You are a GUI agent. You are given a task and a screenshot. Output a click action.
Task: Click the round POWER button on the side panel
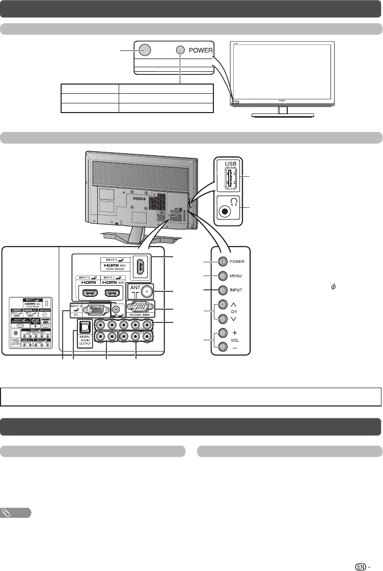[222, 261]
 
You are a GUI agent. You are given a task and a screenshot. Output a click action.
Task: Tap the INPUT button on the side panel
[222, 290]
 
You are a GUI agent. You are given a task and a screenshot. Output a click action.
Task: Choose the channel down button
[222, 318]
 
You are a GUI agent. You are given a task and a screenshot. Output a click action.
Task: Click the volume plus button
[222, 334]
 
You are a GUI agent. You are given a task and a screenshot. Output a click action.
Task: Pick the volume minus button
[222, 347]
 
